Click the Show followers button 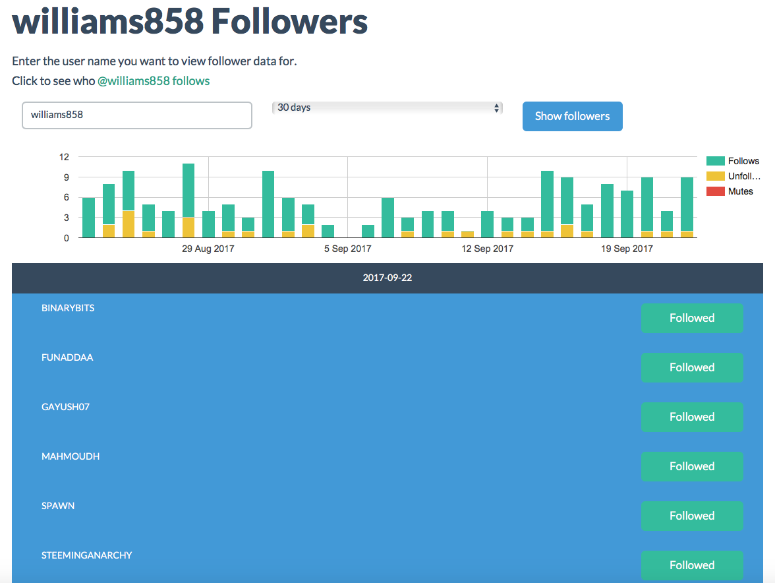[572, 116]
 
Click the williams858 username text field [137, 115]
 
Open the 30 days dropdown [387, 107]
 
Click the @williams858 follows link [154, 81]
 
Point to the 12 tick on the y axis [64, 157]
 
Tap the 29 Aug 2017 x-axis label [208, 249]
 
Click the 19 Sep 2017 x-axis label [627, 249]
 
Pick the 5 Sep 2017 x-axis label [347, 249]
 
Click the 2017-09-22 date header [387, 278]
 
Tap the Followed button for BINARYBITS [691, 318]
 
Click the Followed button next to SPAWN [691, 516]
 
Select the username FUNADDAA [67, 357]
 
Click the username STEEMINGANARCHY [86, 555]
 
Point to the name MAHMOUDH [71, 456]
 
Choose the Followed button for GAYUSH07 [691, 417]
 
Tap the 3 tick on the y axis [66, 218]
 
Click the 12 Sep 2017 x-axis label [487, 249]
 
